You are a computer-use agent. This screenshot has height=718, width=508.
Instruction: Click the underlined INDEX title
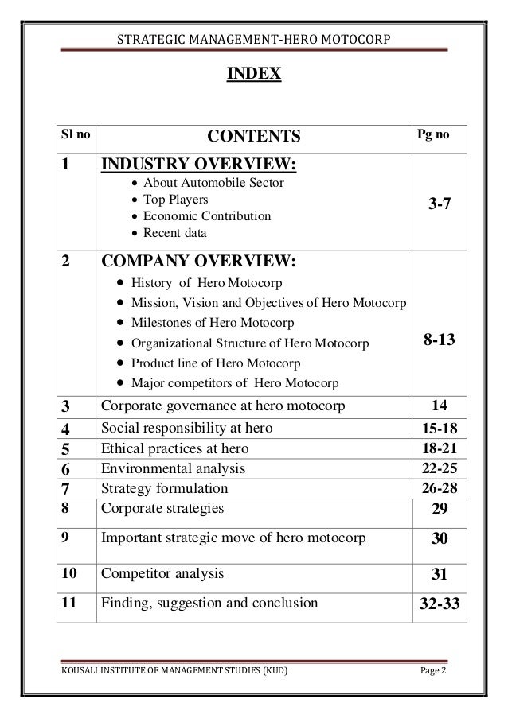254,75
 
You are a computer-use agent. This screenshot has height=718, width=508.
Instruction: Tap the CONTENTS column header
254,138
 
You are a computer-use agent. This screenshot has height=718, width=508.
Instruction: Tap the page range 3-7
440,204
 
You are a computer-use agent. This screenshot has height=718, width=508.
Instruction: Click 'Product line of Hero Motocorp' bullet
216,363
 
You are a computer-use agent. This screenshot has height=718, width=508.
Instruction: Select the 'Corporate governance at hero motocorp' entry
224,406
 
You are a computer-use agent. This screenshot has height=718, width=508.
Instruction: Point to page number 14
440,406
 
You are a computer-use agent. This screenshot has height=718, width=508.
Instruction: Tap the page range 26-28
440,488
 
